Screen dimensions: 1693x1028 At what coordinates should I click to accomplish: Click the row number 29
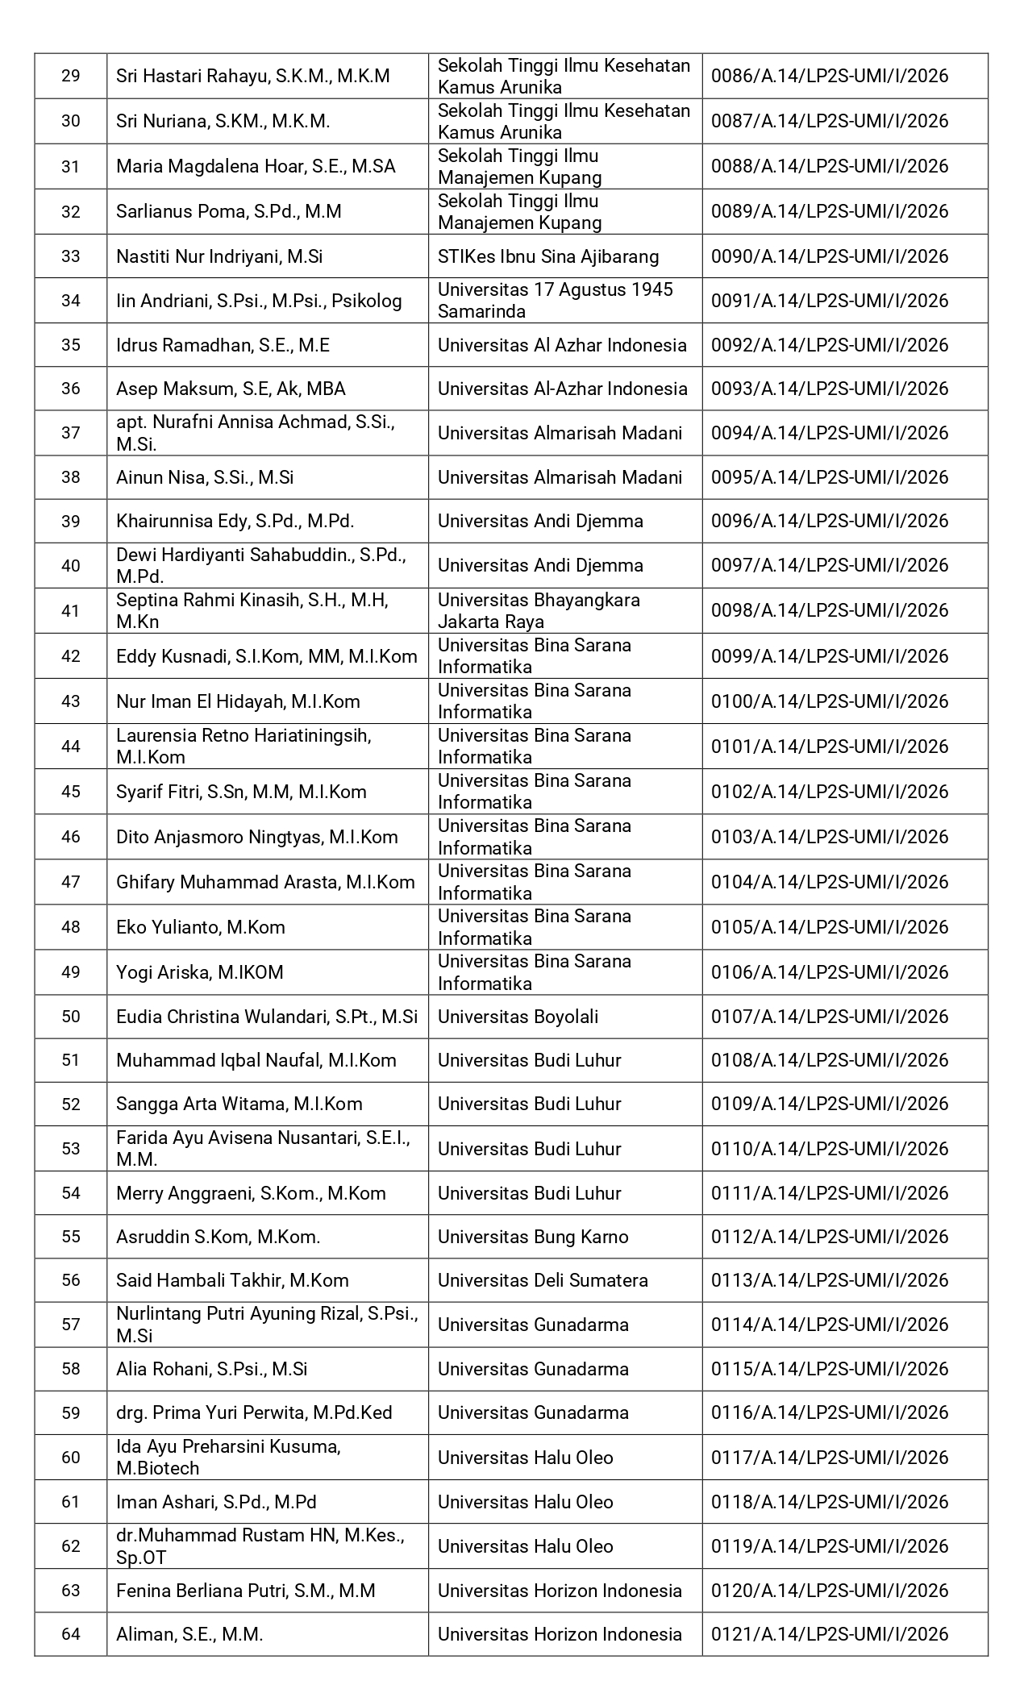click(x=71, y=76)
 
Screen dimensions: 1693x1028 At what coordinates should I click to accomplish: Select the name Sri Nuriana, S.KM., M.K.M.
click(x=223, y=121)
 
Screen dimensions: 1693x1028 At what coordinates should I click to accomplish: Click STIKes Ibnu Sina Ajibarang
click(x=548, y=256)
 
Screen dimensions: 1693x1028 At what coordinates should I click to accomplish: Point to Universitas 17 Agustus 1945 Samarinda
click(x=556, y=300)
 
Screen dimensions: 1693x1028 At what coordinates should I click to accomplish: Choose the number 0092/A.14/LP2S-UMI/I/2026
click(x=830, y=345)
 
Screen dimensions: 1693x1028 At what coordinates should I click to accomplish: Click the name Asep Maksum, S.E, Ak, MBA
click(x=231, y=389)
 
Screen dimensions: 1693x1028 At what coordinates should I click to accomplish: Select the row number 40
click(x=71, y=565)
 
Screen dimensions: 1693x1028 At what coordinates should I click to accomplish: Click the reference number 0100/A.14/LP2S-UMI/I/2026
click(x=830, y=701)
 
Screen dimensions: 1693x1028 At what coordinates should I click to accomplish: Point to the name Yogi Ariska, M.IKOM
click(x=200, y=972)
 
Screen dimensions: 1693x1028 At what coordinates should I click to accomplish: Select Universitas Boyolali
click(x=518, y=1017)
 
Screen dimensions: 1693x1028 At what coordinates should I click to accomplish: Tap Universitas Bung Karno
click(x=533, y=1237)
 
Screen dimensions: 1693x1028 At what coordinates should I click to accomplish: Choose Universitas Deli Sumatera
click(x=543, y=1280)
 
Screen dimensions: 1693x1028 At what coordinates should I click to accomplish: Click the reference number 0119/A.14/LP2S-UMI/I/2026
click(x=830, y=1546)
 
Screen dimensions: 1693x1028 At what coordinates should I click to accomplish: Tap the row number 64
click(x=71, y=1634)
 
